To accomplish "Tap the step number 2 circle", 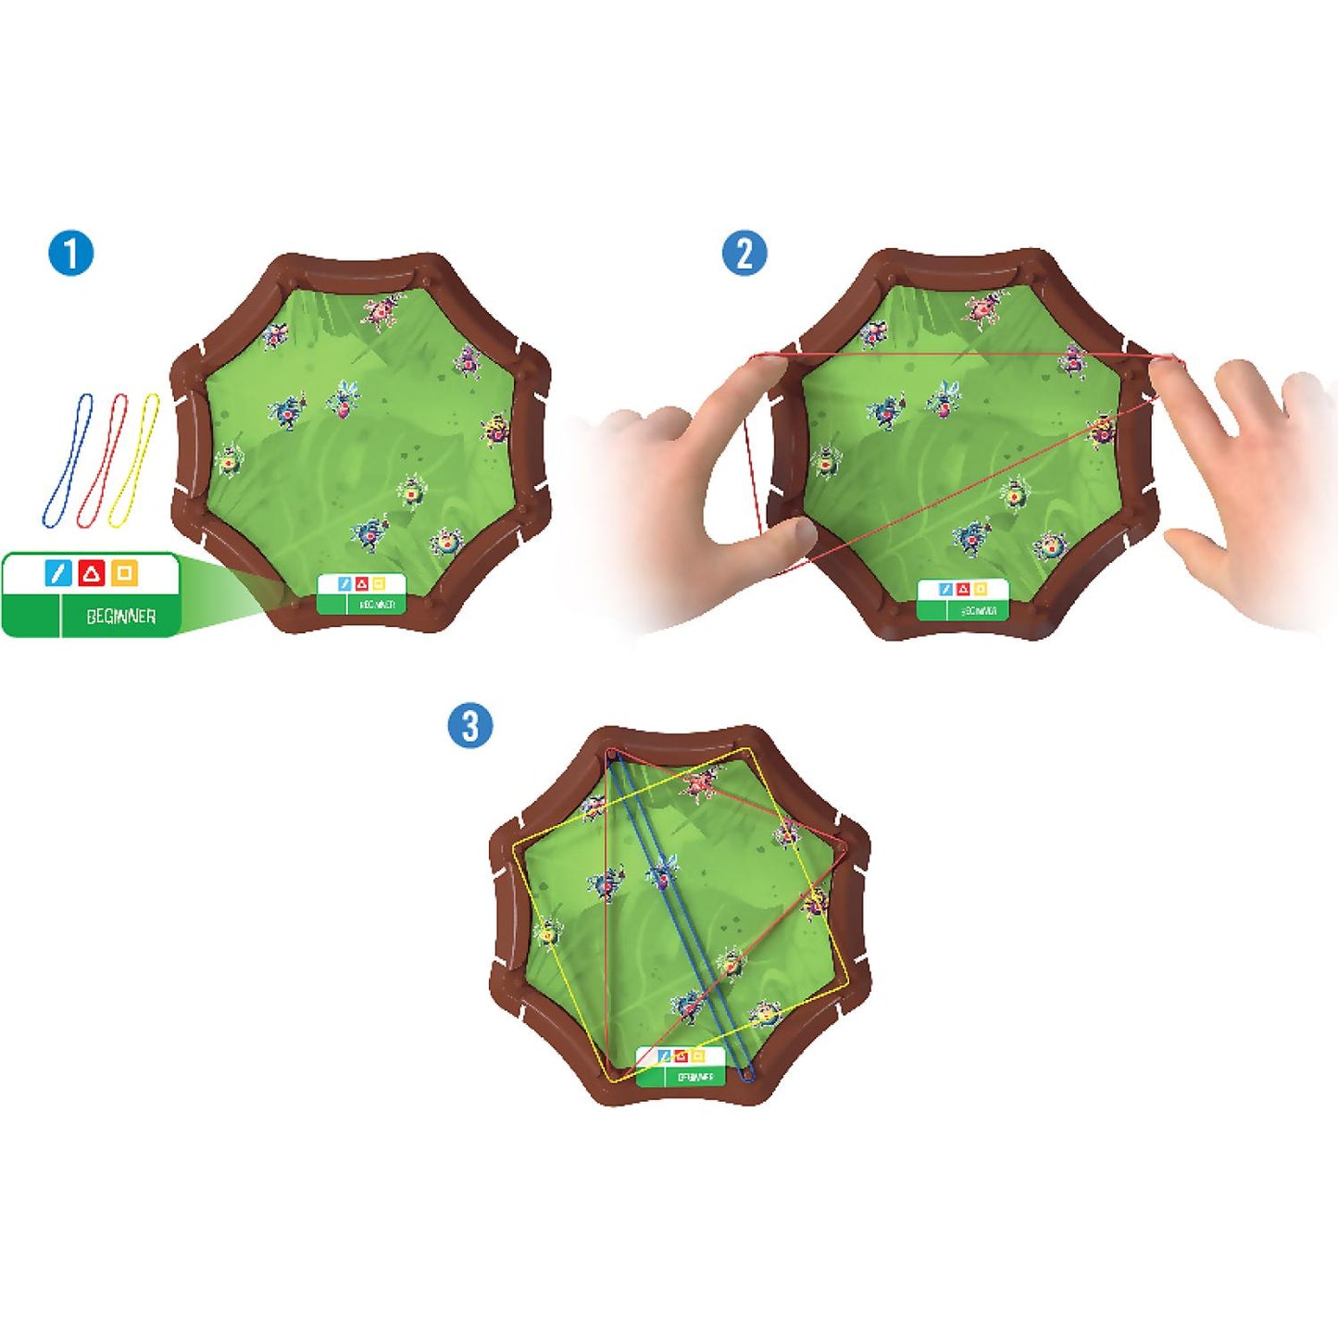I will point(744,252).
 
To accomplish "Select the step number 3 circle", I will point(470,725).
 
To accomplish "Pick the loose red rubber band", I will point(103,460).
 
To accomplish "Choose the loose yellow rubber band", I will point(135,460).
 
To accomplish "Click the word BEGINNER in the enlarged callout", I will point(120,617).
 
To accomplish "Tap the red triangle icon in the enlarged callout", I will point(91,574).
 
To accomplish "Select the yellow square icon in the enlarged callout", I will point(124,574).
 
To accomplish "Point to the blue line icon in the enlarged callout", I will point(57,574).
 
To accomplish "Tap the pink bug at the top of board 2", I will point(984,307).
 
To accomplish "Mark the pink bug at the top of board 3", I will point(699,784).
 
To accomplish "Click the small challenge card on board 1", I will point(362,594).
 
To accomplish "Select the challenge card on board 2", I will point(962,599).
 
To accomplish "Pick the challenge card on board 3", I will point(681,1067).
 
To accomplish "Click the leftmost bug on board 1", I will point(229,459).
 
